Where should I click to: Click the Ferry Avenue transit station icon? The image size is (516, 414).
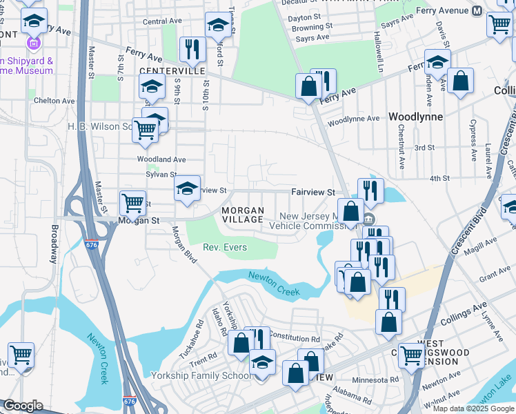[477, 11]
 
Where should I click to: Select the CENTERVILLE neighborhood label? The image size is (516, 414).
[172, 71]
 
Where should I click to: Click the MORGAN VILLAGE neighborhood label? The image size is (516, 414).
[242, 215]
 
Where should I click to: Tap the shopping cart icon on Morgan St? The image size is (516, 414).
[132, 204]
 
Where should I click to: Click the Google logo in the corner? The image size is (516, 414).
[23, 406]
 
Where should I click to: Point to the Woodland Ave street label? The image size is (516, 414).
[161, 159]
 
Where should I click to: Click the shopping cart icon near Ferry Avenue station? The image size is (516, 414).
[499, 24]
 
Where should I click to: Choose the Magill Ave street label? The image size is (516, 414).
[481, 255]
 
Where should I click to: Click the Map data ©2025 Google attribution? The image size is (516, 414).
[473, 408]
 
